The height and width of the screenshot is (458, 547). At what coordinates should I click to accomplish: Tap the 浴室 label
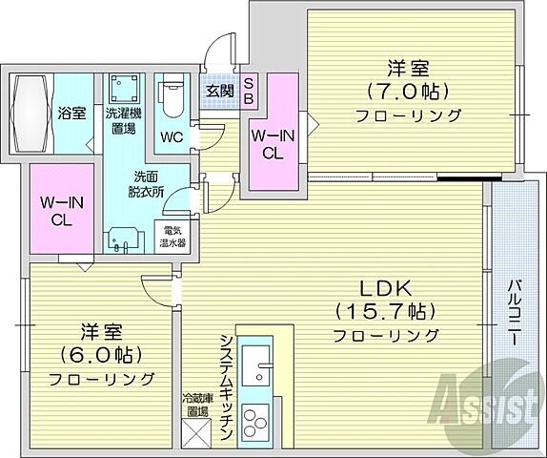point(71,113)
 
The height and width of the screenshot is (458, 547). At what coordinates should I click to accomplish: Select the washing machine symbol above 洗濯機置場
point(122,88)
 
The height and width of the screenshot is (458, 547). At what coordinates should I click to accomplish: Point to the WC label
point(173,135)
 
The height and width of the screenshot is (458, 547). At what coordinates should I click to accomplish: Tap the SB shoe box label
point(248,91)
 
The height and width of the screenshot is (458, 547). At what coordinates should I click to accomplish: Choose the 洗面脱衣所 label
point(150,183)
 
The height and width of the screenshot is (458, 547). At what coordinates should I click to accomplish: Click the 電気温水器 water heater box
point(172,237)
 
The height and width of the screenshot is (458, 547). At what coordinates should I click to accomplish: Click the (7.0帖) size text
point(408,93)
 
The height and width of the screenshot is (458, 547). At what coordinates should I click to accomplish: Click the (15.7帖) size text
point(385,311)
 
